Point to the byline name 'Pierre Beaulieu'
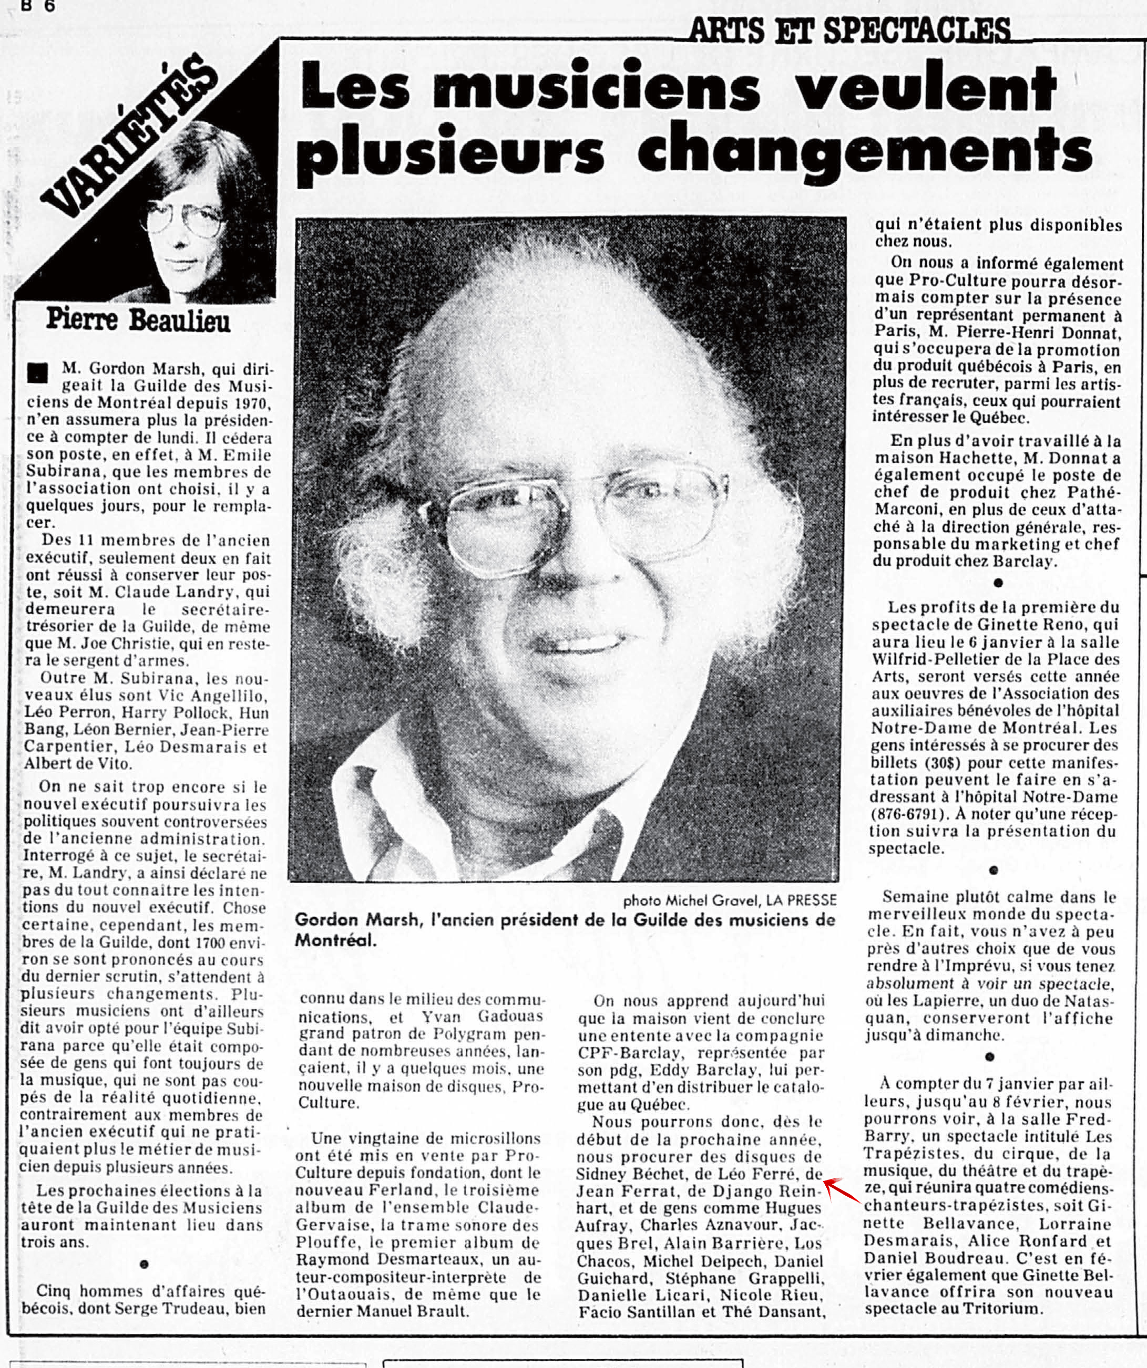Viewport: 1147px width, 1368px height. tap(138, 321)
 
